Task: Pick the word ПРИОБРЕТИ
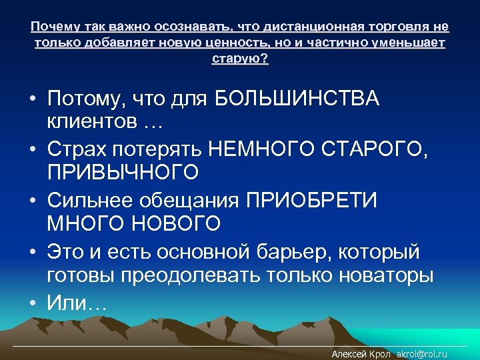(311, 201)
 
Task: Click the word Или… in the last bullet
(76, 303)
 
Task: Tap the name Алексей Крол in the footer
(361, 354)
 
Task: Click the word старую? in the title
(240, 59)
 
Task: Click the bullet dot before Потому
(32, 100)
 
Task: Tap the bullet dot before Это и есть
(32, 253)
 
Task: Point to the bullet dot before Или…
(32, 303)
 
